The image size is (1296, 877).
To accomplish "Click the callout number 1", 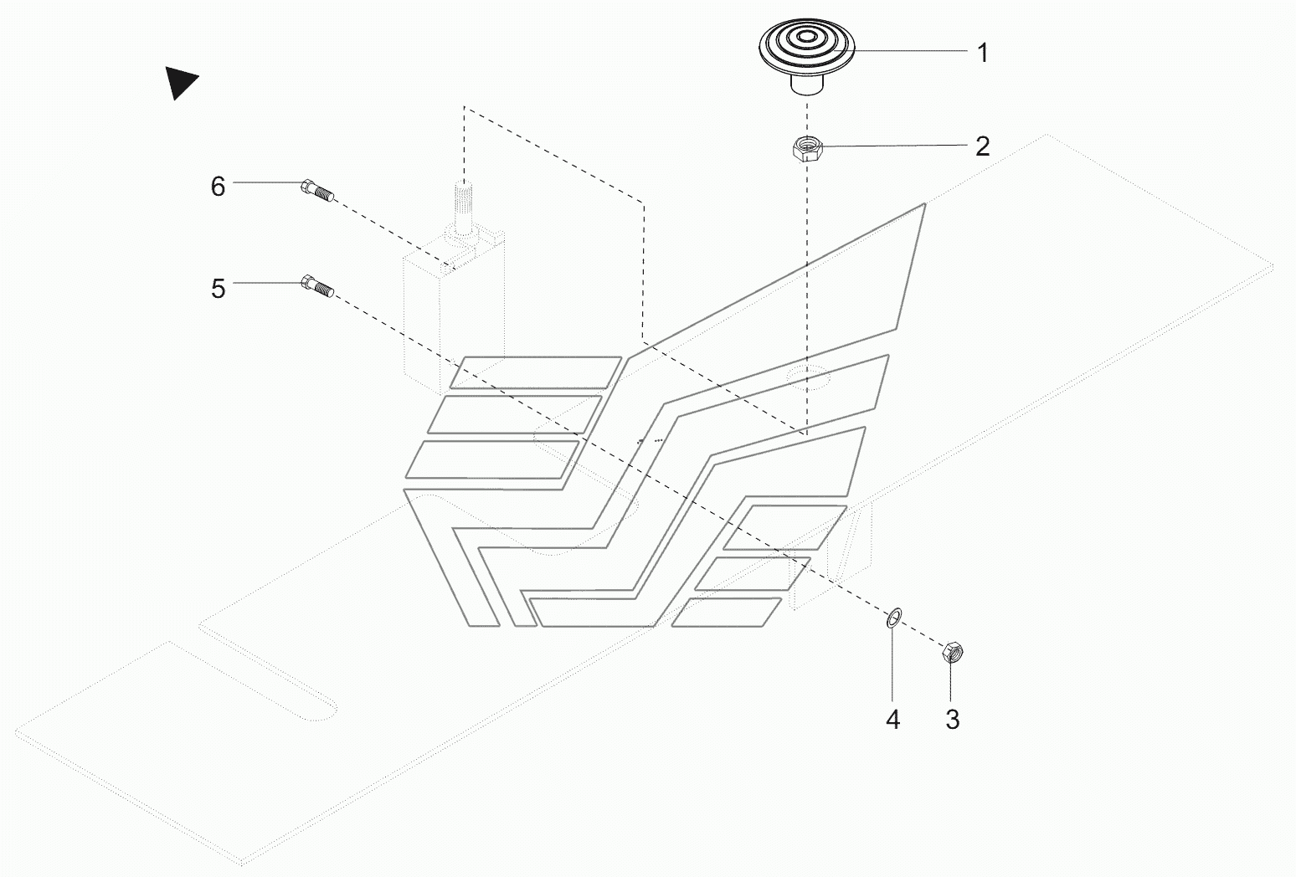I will (x=983, y=53).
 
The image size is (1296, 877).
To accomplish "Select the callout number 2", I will (x=983, y=146).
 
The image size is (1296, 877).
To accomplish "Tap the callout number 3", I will (x=952, y=719).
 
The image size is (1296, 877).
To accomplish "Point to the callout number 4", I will (x=892, y=719).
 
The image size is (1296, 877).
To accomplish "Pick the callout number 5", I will (x=218, y=289).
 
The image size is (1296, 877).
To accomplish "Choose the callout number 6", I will (x=218, y=186).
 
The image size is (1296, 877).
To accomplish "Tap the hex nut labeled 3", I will (x=952, y=651).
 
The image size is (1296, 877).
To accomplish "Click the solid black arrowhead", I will (x=179, y=82).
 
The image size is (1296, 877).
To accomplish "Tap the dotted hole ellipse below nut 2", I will (x=808, y=377).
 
